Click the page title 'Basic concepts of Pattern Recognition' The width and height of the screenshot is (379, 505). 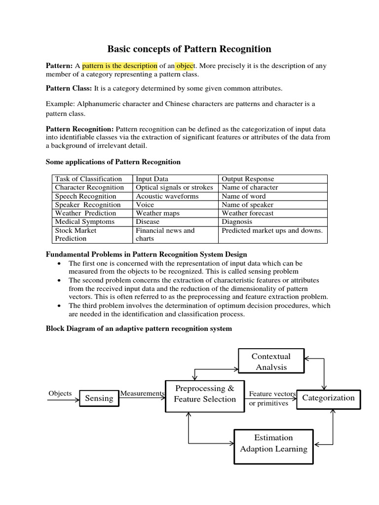(x=189, y=49)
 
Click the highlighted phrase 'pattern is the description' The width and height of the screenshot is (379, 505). (x=119, y=66)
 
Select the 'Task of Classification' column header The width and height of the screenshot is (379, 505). (x=88, y=179)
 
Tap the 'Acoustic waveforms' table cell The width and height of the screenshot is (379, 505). (x=167, y=196)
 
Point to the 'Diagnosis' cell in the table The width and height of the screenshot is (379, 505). (x=237, y=221)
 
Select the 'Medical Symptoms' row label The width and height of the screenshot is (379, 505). (x=84, y=221)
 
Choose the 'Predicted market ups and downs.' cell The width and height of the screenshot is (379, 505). (x=272, y=230)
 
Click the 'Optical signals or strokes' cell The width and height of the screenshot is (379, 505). (x=174, y=187)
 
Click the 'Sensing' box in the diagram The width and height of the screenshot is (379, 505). (x=99, y=398)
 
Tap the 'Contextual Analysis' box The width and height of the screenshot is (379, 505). (x=271, y=361)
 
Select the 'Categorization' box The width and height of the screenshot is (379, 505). (x=328, y=398)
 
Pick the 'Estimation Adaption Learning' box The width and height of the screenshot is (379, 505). (x=273, y=443)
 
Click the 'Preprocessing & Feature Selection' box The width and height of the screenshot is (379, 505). (x=205, y=394)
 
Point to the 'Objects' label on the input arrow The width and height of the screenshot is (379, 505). (x=60, y=394)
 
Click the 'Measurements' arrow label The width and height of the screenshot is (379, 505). (x=142, y=394)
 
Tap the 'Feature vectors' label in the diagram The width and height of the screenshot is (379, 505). (x=272, y=394)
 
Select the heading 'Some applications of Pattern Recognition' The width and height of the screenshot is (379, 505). (x=113, y=162)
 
